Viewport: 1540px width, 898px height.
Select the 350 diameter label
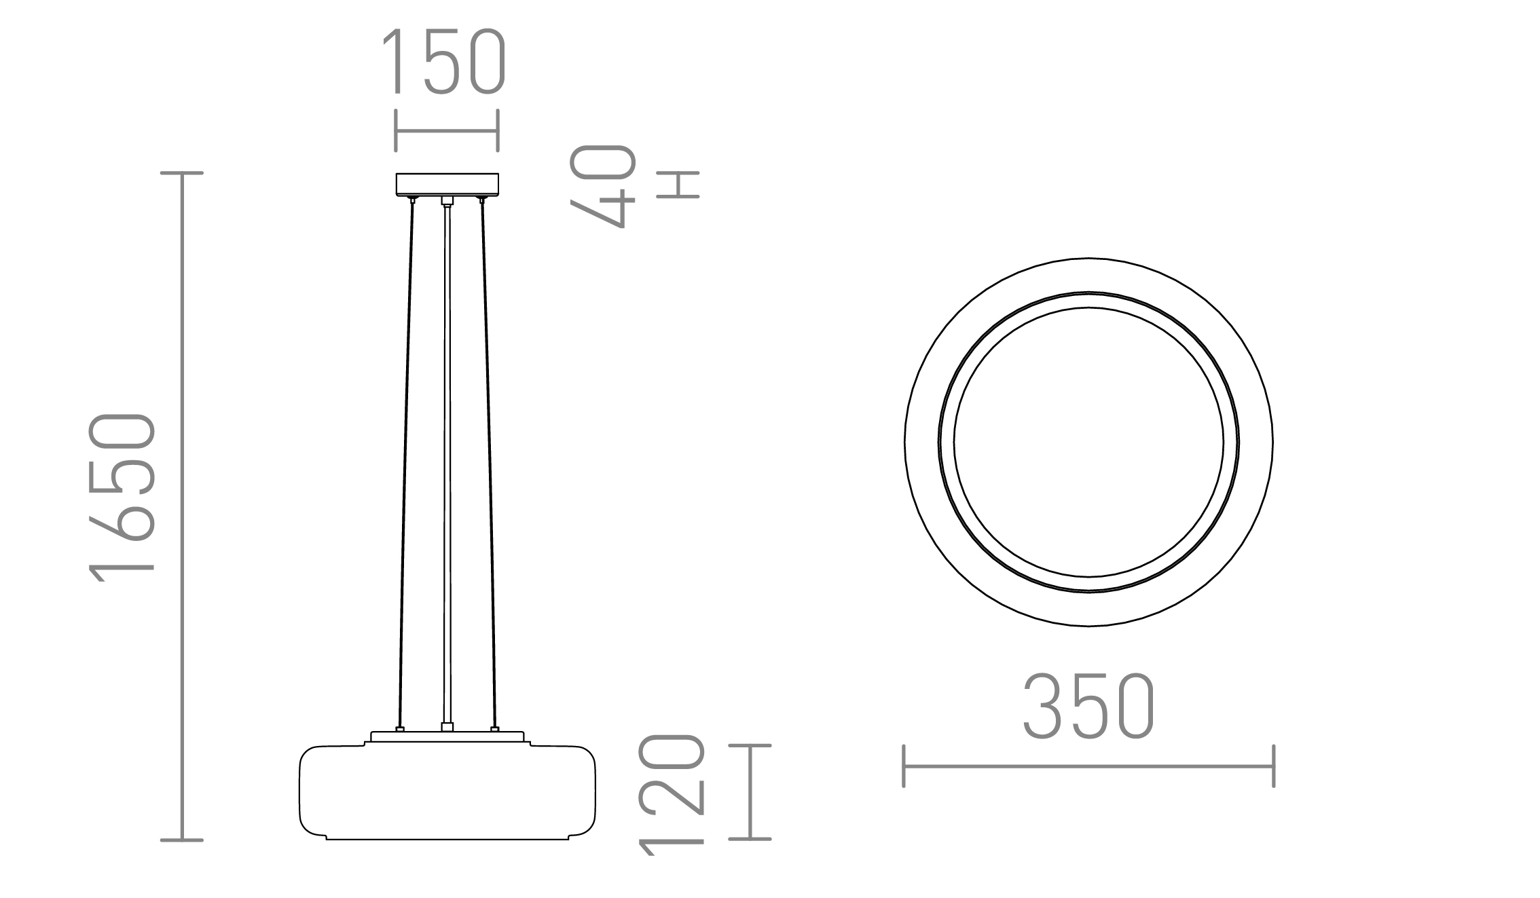pos(1088,707)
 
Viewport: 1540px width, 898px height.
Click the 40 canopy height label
pos(603,186)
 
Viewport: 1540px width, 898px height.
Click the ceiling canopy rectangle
pos(447,184)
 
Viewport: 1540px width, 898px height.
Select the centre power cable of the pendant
pos(447,462)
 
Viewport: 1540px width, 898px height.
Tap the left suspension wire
pos(405,462)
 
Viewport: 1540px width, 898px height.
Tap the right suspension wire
pos(488,462)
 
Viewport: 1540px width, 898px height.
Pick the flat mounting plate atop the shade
pos(447,737)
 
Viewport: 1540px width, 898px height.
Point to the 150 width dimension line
pos(447,131)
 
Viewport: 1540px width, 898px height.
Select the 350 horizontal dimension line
pos(1088,766)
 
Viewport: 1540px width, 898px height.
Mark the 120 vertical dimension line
pos(750,792)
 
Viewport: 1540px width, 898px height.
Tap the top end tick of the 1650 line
pos(182,174)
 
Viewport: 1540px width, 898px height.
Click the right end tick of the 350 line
pos(1273,766)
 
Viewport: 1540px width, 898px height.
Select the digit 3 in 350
pos(1043,707)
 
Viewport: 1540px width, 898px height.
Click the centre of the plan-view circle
pos(1088,442)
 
